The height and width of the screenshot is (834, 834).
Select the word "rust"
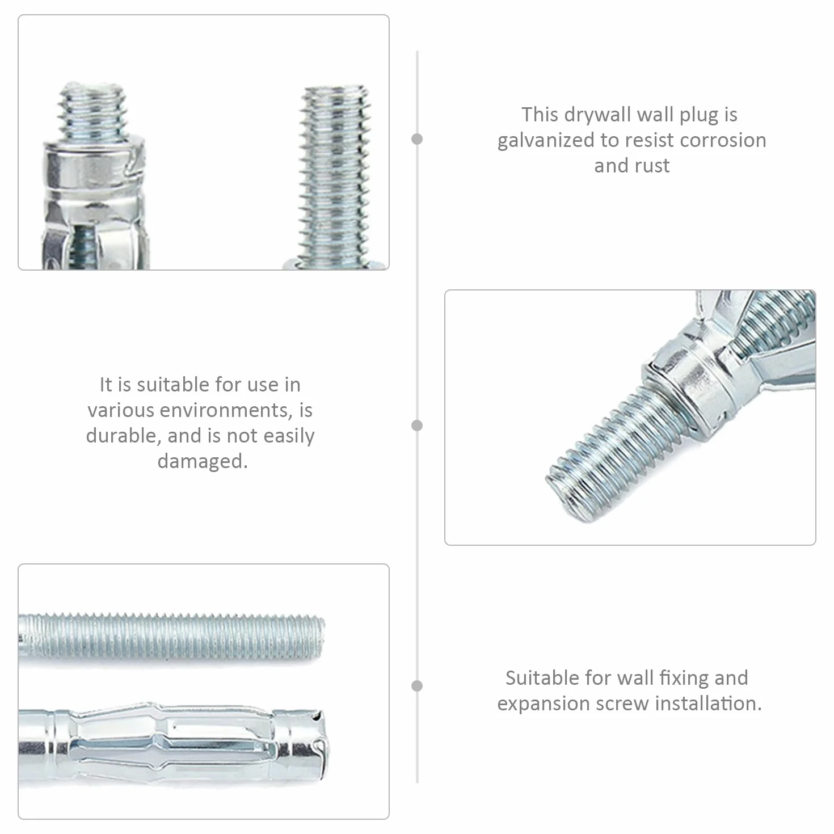click(x=652, y=166)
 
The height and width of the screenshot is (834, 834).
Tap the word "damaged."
click(x=203, y=461)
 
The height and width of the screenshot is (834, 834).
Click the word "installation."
click(x=708, y=704)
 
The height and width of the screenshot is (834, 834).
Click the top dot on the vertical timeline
click(x=417, y=139)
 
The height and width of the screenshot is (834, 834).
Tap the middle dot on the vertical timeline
click(x=417, y=426)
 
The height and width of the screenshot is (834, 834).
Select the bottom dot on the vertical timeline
click(x=417, y=685)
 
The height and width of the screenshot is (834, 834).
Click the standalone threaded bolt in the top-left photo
click(x=335, y=178)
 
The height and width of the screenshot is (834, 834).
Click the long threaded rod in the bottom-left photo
click(x=171, y=638)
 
